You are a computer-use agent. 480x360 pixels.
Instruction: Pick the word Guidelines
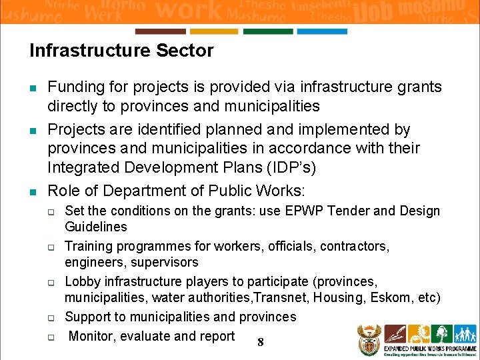pyautogui.click(x=95, y=227)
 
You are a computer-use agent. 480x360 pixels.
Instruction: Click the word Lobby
pyautogui.click(x=83, y=281)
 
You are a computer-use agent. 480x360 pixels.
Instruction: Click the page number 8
pyautogui.click(x=260, y=343)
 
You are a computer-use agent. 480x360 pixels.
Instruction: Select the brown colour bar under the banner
pyautogui.click(x=160, y=31)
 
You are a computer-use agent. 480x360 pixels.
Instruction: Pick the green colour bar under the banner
pyautogui.click(x=268, y=31)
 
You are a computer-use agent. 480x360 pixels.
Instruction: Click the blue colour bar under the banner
pyautogui.click(x=322, y=31)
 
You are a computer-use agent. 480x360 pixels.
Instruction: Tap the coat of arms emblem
pyautogui.click(x=369, y=340)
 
